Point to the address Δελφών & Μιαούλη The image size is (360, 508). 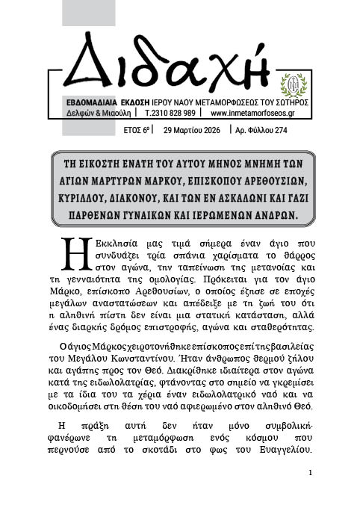tap(96, 114)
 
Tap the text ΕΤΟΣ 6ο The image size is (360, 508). tap(137, 130)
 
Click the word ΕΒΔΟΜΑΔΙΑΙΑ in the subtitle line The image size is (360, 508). tap(94, 102)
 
